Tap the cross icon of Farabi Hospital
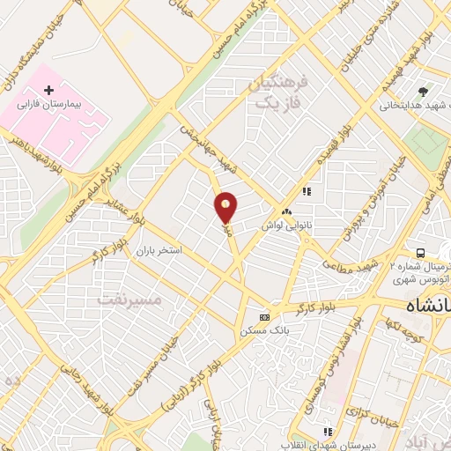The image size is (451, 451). pyautogui.click(x=48, y=90)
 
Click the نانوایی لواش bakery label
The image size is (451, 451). pyautogui.click(x=287, y=225)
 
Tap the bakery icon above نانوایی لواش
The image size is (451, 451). pyautogui.click(x=287, y=212)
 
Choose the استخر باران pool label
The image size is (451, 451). pyautogui.click(x=158, y=250)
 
